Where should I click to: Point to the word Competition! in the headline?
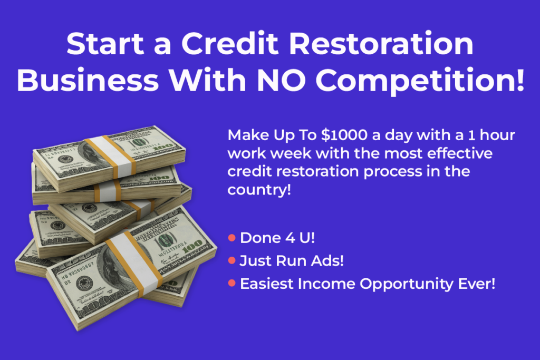coord(420,82)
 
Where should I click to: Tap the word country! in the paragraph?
coord(259,190)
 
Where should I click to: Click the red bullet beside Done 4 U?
coord(232,238)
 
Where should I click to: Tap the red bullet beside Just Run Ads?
coord(232,260)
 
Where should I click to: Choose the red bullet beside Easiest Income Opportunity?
coord(232,283)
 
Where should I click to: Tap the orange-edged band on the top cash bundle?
coord(111,157)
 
